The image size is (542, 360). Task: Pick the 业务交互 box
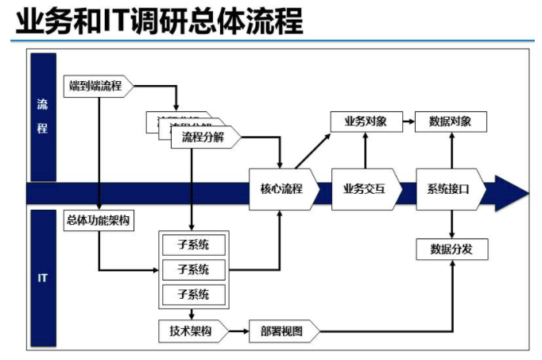coord(365,189)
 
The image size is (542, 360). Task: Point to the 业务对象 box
coord(365,122)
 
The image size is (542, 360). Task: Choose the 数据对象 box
coord(451,122)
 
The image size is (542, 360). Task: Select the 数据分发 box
coord(451,249)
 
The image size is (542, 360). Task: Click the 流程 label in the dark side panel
coord(42,116)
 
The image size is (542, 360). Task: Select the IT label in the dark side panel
coord(42,278)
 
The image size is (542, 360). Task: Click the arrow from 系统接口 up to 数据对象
coord(451,150)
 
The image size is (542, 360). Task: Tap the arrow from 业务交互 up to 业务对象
coord(365,150)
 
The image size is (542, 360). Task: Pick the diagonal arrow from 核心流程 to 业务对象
coord(314,150)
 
